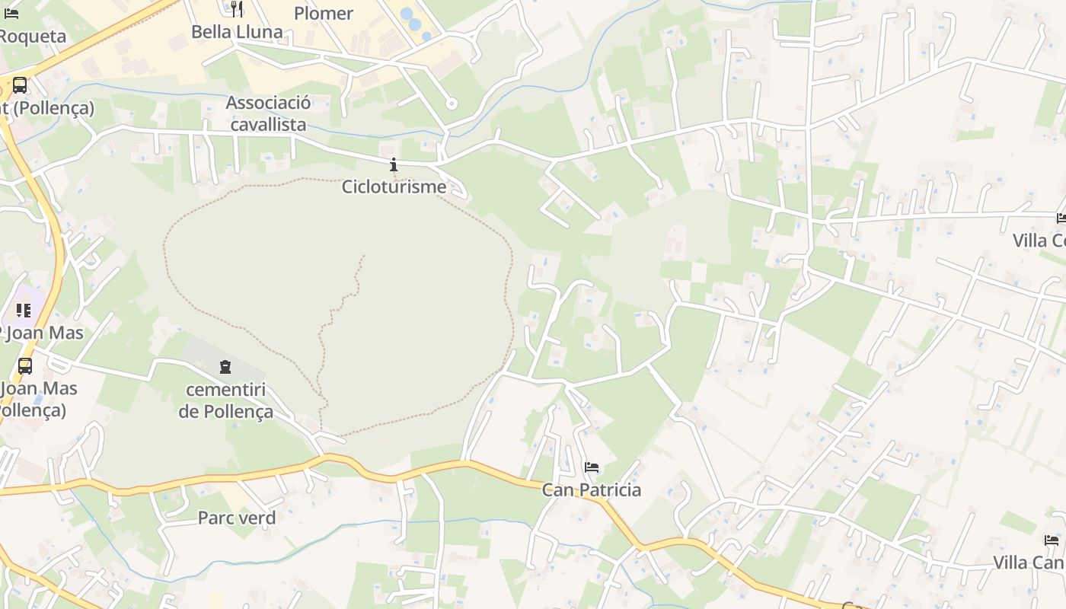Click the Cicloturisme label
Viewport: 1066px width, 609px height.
(394, 187)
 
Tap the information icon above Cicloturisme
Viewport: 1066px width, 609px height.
(394, 164)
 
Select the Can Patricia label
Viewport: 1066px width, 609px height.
(591, 489)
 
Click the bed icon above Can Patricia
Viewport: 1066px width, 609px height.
(591, 467)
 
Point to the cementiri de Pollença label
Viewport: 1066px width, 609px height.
(225, 401)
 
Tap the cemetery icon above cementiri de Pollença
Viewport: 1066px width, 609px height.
(225, 368)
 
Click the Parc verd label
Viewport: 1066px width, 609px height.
(236, 518)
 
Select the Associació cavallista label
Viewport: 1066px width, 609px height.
(268, 113)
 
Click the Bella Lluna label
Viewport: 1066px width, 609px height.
(237, 32)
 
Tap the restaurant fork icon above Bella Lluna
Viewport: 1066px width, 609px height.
(237, 8)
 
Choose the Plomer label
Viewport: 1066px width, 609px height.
(324, 13)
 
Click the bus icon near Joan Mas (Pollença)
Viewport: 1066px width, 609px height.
(25, 366)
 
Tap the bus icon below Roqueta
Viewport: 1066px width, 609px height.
(20, 85)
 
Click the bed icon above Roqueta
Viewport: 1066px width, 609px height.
(11, 13)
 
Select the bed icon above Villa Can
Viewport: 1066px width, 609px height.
(1052, 540)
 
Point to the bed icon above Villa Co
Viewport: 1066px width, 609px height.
(1061, 218)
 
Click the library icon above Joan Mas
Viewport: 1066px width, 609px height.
(24, 310)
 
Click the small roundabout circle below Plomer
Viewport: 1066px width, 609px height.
(452, 104)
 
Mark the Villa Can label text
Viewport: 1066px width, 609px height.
(1028, 563)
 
